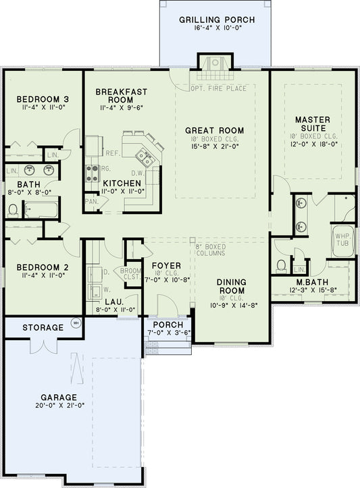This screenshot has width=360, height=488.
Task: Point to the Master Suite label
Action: (x=311, y=124)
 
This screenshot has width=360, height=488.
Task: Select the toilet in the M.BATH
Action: (x=282, y=265)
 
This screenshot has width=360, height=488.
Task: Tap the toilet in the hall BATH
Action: (x=13, y=210)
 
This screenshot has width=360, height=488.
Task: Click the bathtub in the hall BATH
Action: (x=41, y=209)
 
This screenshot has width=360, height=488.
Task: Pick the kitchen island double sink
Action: (x=144, y=158)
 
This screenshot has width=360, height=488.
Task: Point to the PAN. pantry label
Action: (x=91, y=201)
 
